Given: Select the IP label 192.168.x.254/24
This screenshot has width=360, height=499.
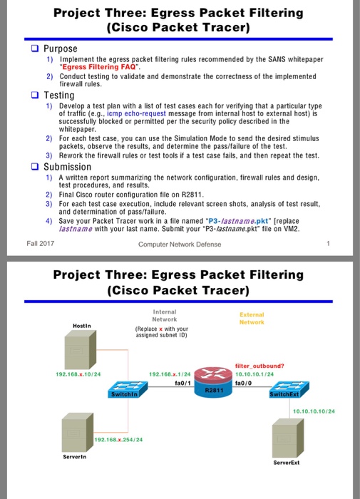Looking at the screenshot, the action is tap(120, 439).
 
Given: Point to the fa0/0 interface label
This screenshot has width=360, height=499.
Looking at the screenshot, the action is tap(242, 381).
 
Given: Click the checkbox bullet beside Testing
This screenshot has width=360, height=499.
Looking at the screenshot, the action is tap(35, 95).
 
